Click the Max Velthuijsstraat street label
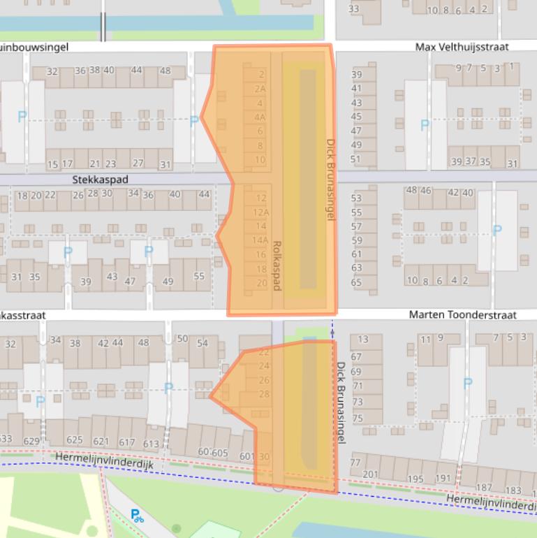point(462,47)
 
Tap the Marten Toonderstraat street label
point(462,315)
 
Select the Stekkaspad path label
point(101,180)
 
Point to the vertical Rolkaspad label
point(277,266)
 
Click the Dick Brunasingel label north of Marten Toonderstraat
point(331,180)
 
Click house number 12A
point(261,212)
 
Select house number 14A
point(260,240)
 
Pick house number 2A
point(260,89)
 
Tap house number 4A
point(260,117)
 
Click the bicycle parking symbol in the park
point(138,516)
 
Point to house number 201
point(370,474)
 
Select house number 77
point(355,463)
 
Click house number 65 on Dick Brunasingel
point(356,283)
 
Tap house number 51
point(356,159)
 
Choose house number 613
point(151,443)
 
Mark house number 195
point(415,479)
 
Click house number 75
point(358,419)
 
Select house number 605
point(220,453)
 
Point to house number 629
point(31,441)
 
